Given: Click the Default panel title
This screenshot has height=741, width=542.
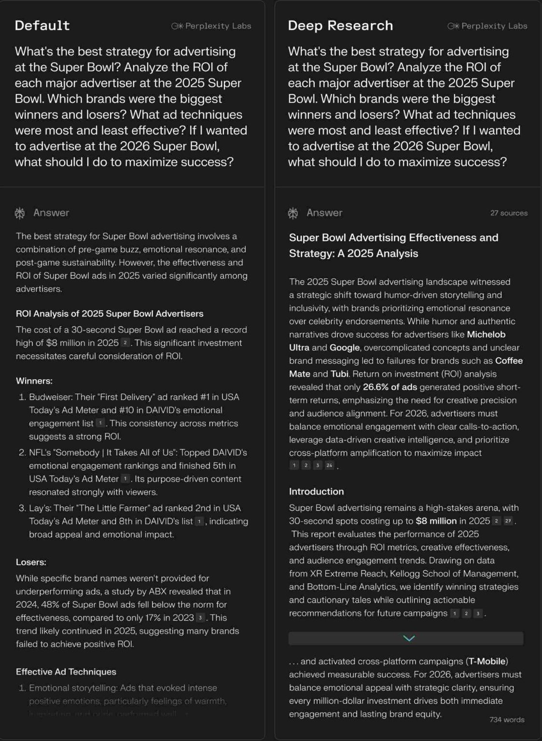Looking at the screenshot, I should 42,26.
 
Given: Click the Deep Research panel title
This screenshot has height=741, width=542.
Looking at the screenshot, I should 340,26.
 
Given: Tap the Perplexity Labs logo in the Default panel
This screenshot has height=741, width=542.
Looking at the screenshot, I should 177,26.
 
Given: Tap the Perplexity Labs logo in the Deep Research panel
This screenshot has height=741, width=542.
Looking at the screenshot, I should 453,26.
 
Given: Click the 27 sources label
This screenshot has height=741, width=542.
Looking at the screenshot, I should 509,213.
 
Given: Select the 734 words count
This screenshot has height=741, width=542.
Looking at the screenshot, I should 507,719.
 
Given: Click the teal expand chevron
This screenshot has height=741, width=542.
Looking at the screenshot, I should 409,638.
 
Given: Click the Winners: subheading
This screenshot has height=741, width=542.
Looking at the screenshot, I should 34,381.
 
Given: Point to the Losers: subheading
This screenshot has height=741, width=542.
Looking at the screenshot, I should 31,562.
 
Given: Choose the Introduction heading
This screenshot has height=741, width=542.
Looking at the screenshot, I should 316,491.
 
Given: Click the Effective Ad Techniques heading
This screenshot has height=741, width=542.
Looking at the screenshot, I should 66,672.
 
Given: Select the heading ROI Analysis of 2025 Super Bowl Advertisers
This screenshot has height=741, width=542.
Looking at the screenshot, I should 110,314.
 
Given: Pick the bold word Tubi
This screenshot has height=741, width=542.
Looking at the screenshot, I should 339,374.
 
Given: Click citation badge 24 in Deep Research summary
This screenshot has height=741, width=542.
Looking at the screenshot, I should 329,465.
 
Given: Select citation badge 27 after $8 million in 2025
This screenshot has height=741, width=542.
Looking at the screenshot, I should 508,521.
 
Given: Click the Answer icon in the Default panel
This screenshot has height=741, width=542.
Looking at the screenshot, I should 20,213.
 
